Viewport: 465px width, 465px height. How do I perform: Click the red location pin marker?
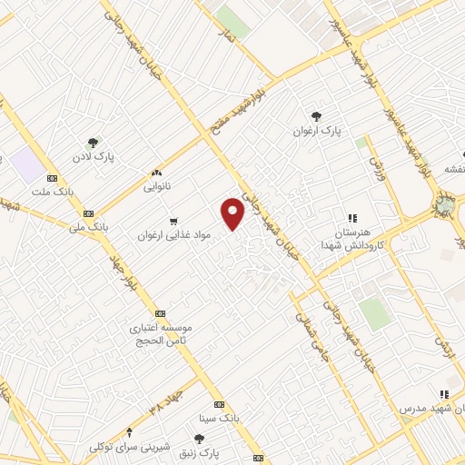pos(233,212)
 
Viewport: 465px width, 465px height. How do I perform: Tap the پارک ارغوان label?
pos(315,131)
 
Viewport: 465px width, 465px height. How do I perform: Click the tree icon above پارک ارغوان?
pos(316,115)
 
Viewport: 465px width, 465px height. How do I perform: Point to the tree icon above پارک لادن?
pos(93,143)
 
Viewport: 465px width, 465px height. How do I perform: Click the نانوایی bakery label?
pos(156,187)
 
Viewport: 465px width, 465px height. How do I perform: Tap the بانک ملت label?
pos(52,192)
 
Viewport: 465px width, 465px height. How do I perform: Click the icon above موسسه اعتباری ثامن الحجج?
pos(161,312)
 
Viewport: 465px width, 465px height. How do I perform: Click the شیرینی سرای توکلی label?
pos(127,447)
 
